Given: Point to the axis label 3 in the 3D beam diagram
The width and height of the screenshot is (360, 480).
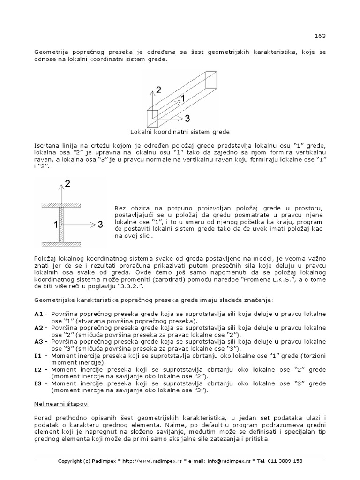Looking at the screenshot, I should [x=187, y=118].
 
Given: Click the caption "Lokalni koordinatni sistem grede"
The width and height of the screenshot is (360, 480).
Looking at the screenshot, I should [x=180, y=132].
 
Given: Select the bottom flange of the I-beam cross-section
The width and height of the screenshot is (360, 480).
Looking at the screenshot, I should [x=61, y=244].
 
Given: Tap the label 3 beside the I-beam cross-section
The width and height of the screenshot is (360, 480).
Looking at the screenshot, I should [x=100, y=225].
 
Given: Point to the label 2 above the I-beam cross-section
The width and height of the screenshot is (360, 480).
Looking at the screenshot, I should [x=68, y=184].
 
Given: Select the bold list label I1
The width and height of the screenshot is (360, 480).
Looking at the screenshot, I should [x=37, y=356].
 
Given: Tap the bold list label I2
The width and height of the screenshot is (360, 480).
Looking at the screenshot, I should [x=37, y=370].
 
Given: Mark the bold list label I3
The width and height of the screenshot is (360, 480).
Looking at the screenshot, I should [x=37, y=383].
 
